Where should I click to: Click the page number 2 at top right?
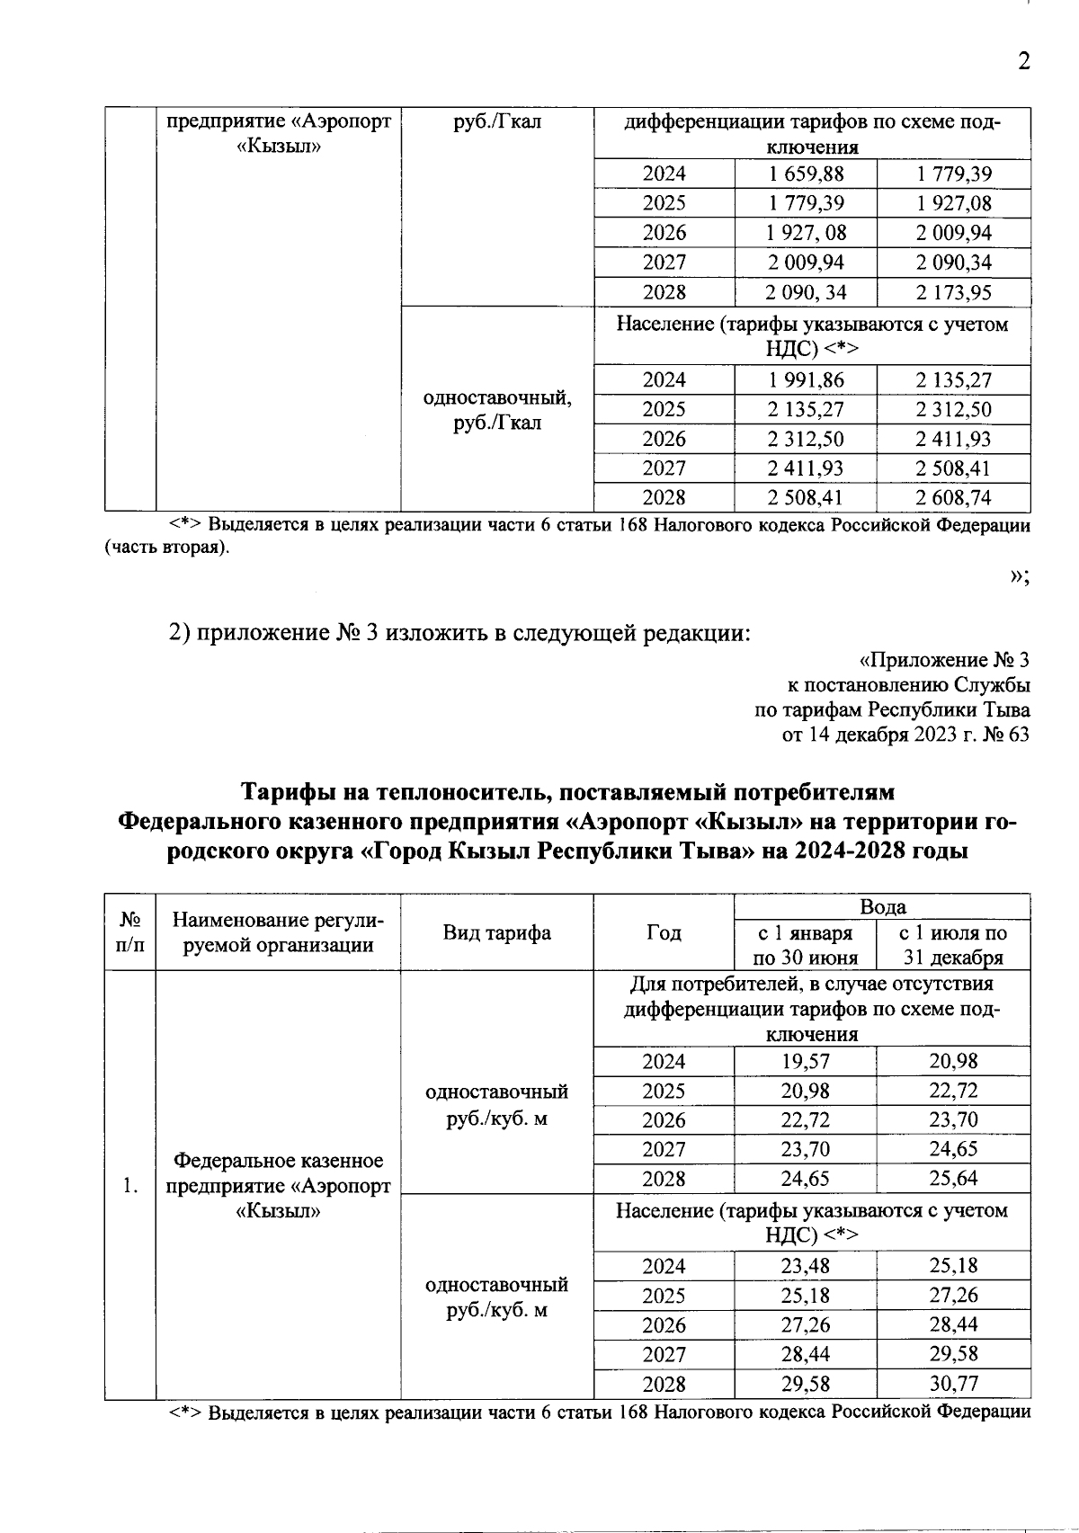click(1021, 61)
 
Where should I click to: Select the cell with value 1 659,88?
click(806, 174)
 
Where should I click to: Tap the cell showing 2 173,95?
click(953, 292)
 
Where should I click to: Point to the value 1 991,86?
click(806, 379)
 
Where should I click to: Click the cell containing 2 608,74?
click(953, 497)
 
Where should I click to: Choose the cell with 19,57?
click(806, 1061)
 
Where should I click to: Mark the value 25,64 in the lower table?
click(953, 1178)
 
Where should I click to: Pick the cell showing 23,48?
click(806, 1266)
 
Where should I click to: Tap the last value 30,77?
click(953, 1383)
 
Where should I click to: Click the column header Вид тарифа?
click(496, 932)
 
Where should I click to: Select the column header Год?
click(664, 932)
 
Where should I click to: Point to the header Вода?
click(882, 906)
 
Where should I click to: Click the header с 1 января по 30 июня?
click(806, 945)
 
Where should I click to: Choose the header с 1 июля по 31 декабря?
click(953, 945)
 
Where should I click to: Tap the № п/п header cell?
click(130, 932)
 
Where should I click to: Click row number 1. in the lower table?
click(130, 1187)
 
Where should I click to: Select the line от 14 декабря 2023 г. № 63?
click(906, 735)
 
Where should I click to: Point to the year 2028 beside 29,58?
click(664, 1384)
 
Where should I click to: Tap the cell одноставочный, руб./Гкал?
click(496, 409)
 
